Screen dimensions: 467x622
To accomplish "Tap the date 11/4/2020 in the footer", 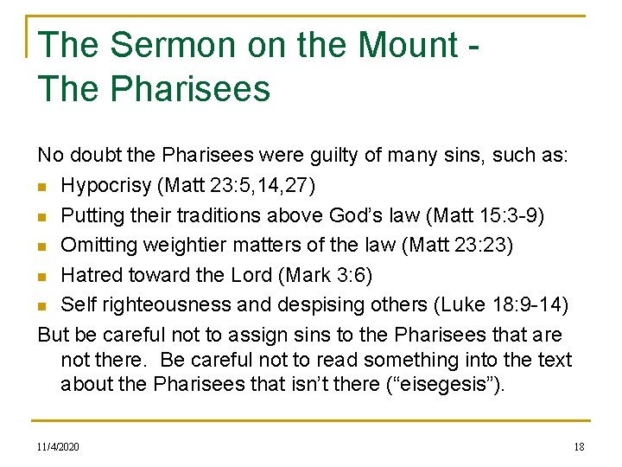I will (x=58, y=446).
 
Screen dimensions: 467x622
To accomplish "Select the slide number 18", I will (x=579, y=446).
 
